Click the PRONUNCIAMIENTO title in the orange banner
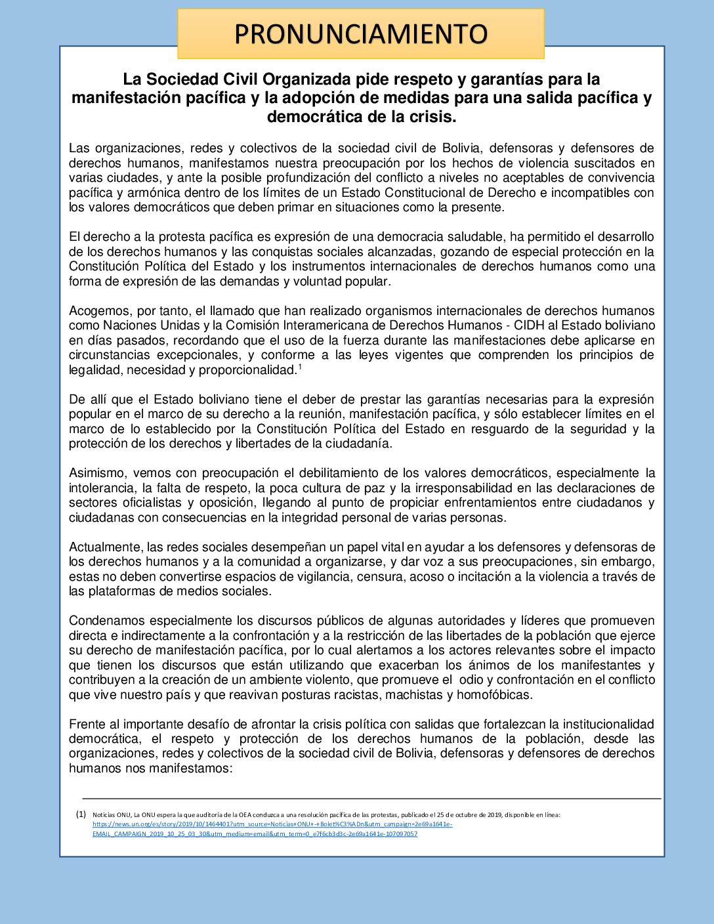(360, 33)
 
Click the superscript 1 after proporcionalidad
(299, 367)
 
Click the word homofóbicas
(495, 695)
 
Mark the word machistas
(413, 695)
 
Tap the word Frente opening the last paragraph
(86, 724)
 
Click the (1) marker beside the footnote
(81, 814)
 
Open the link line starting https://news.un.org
(272, 824)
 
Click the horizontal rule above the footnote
(371, 799)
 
